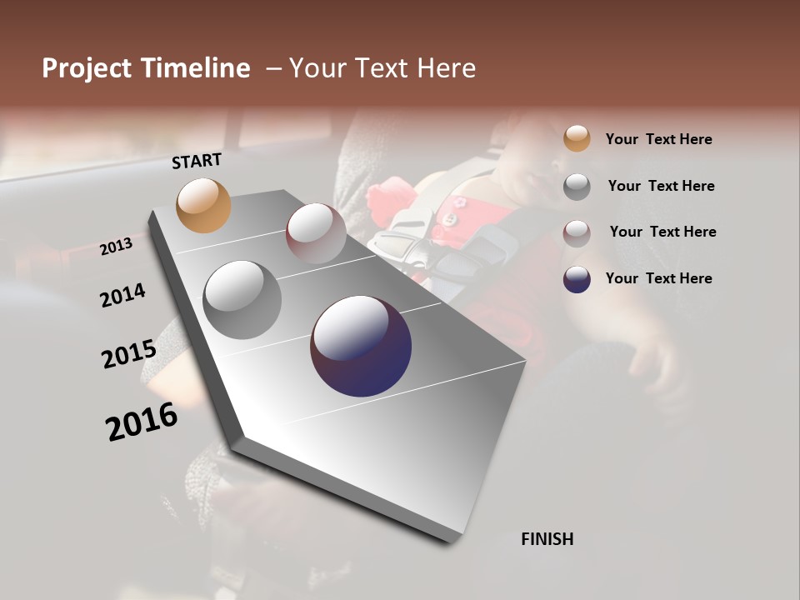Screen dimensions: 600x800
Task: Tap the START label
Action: coord(197,161)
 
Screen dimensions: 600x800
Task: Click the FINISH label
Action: coord(547,539)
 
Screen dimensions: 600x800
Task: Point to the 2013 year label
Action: coord(117,247)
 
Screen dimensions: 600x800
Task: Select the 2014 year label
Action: coord(123,296)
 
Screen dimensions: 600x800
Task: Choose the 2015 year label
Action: coord(129,354)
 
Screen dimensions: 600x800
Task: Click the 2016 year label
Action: coord(142,422)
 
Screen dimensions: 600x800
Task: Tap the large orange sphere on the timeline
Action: coord(203,205)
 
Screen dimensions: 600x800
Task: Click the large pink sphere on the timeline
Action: coord(316,233)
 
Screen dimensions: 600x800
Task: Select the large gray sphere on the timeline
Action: coord(242,300)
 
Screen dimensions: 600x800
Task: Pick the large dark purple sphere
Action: coord(361,346)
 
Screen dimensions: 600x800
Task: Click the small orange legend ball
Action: coord(577,138)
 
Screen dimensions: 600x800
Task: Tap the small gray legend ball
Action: coord(577,187)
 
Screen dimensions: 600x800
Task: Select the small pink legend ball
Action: coord(577,232)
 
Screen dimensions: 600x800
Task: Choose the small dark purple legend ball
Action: coord(577,279)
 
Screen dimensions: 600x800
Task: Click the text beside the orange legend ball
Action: coord(658,139)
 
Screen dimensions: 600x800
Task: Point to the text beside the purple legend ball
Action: coord(658,278)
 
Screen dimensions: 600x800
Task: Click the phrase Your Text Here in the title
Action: coord(382,68)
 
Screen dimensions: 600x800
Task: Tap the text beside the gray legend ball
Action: coord(661,186)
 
